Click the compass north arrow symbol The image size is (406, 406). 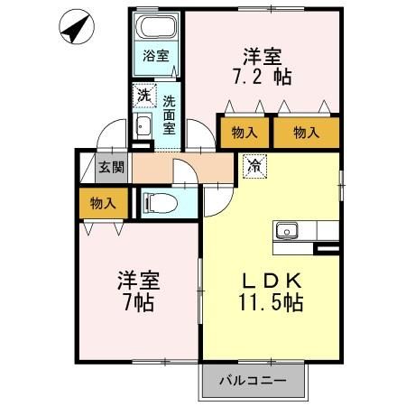pos(76,30)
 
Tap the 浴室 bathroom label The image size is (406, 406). pos(157,55)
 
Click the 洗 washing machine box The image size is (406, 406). pos(143,94)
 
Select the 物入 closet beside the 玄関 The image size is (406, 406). pos(103,203)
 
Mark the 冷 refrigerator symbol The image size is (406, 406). pos(256,165)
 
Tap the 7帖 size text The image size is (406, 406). pos(136,301)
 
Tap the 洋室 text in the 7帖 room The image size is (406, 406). pos(136,280)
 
